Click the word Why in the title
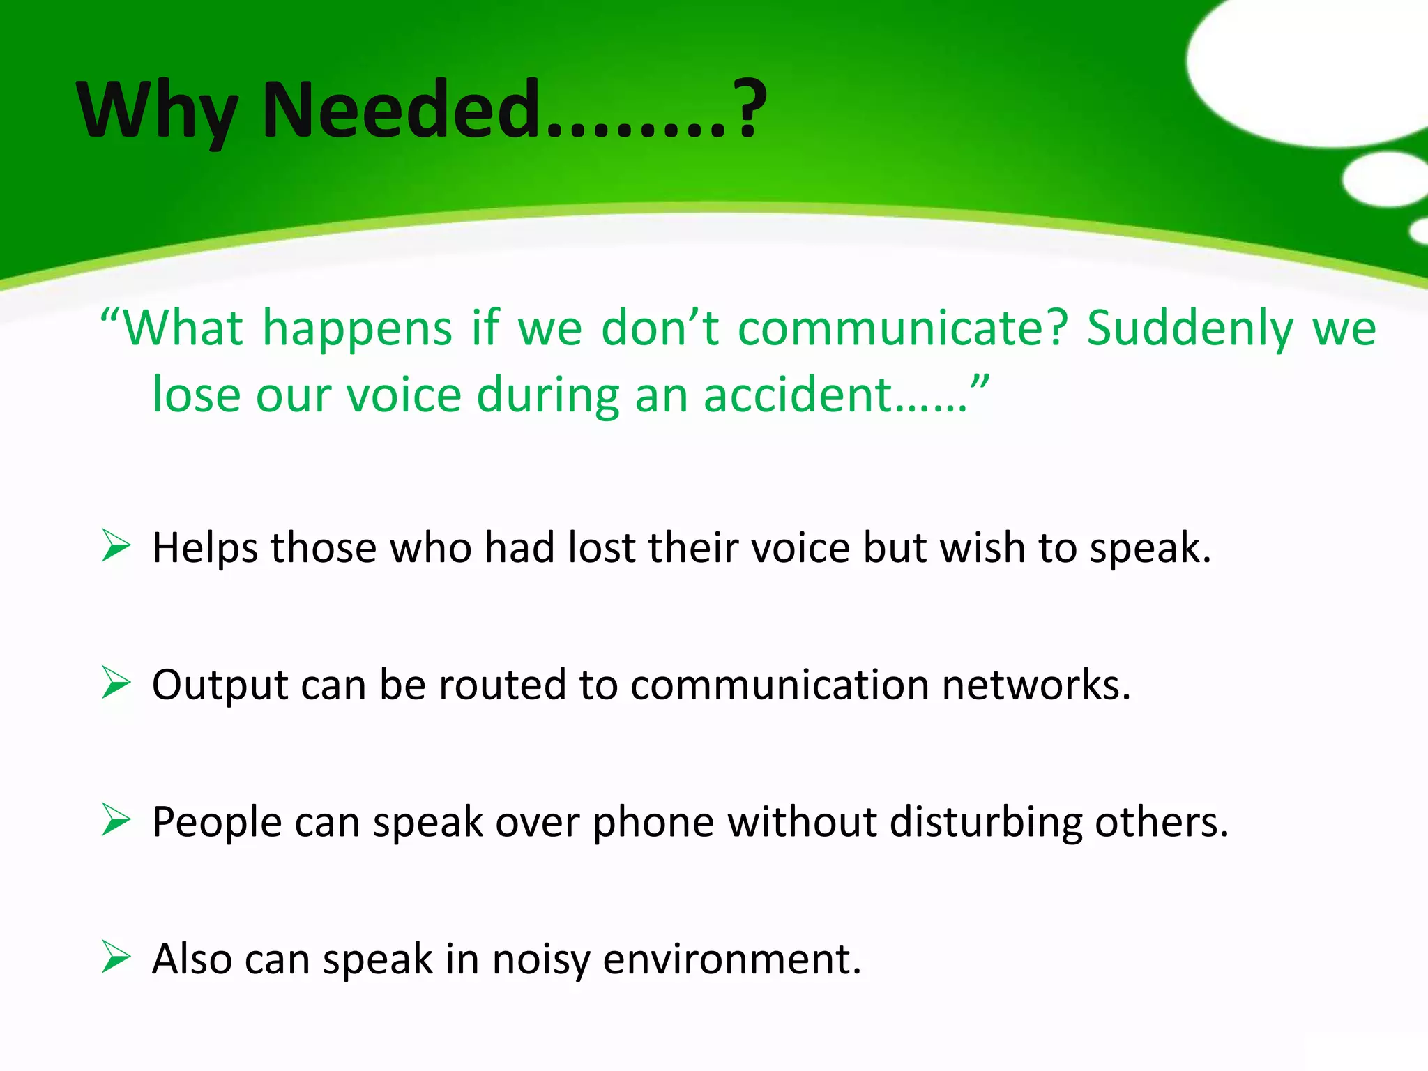click(156, 110)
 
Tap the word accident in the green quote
click(798, 395)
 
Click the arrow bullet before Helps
click(116, 545)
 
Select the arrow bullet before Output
click(116, 683)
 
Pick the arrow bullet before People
click(116, 819)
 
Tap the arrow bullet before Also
click(116, 957)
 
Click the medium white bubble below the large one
click(1383, 179)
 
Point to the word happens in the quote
click(357, 329)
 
